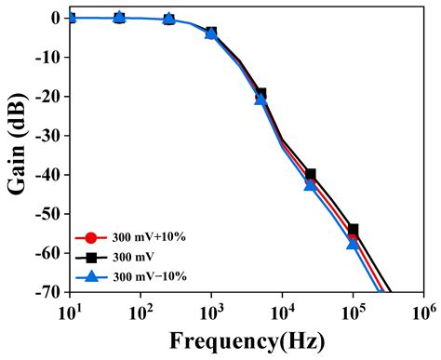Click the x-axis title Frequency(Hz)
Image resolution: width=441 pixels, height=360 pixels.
(246, 340)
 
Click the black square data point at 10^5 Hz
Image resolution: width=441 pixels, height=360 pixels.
(354, 229)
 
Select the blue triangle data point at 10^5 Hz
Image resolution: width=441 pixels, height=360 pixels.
(354, 243)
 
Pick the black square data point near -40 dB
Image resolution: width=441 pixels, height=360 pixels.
(311, 174)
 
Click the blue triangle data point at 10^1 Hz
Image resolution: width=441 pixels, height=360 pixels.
(71, 17)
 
